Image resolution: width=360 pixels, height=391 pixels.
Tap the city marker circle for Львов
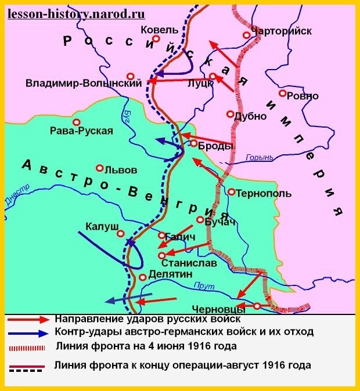[100, 168]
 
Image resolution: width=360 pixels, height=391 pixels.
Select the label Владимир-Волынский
[84, 84]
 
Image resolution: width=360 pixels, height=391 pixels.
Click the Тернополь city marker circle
[231, 191]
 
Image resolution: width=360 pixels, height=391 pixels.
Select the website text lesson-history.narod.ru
[76, 13]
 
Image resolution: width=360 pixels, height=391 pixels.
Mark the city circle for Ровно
[282, 93]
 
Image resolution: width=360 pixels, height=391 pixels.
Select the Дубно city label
[250, 116]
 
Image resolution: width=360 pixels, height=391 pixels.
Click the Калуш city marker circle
[121, 233]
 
